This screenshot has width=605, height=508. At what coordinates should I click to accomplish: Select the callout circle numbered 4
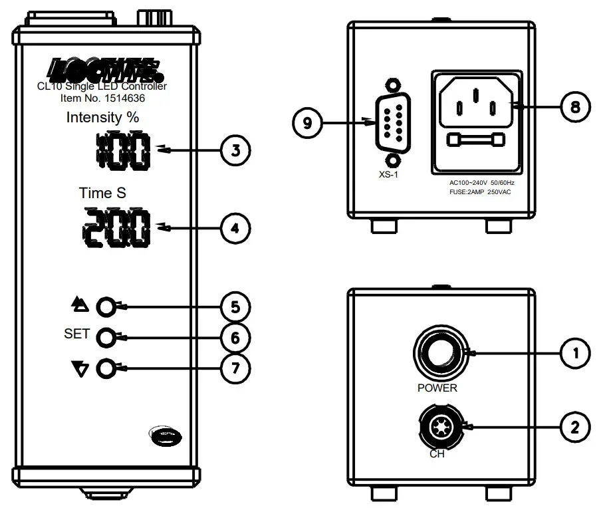click(x=235, y=229)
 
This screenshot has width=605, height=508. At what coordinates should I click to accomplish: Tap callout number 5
click(x=235, y=307)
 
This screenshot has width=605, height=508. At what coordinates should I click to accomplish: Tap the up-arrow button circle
click(x=106, y=307)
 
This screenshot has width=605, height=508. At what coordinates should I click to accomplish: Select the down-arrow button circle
click(x=106, y=368)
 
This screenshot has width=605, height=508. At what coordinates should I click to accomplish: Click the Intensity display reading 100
click(x=123, y=151)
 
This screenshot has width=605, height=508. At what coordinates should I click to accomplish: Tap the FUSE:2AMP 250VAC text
click(x=483, y=192)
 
